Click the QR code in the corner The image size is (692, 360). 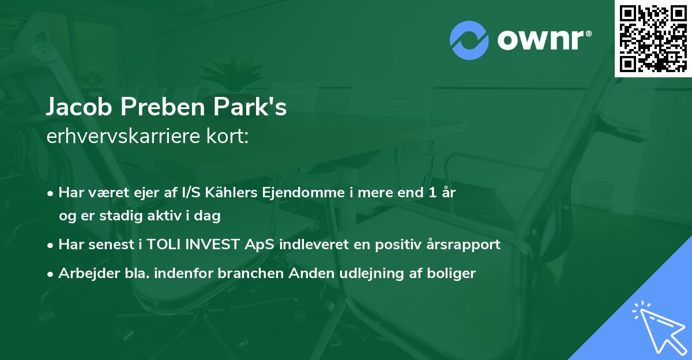[x=653, y=39]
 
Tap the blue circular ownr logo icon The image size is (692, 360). [x=469, y=40]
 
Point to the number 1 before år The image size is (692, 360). [x=432, y=193]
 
